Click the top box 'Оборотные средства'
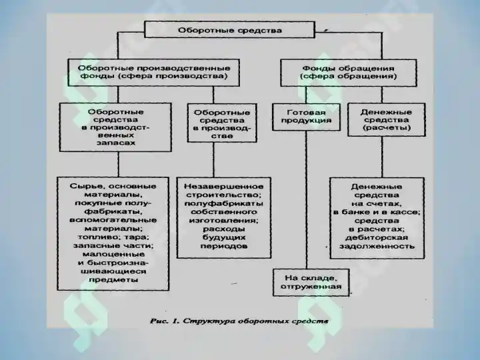click(229, 30)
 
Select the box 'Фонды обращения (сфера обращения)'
click(349, 73)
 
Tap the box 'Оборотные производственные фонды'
click(154, 73)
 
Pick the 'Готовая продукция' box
click(306, 117)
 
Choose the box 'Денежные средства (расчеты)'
click(386, 120)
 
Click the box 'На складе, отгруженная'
click(311, 283)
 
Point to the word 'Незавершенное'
click(223, 187)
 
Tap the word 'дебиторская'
click(377, 238)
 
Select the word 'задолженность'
click(377, 246)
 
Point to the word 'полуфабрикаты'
click(224, 203)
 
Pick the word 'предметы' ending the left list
click(113, 280)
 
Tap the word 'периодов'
click(224, 246)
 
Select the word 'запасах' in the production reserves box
click(116, 143)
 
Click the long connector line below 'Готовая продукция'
click(306, 200)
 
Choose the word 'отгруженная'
click(311, 287)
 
